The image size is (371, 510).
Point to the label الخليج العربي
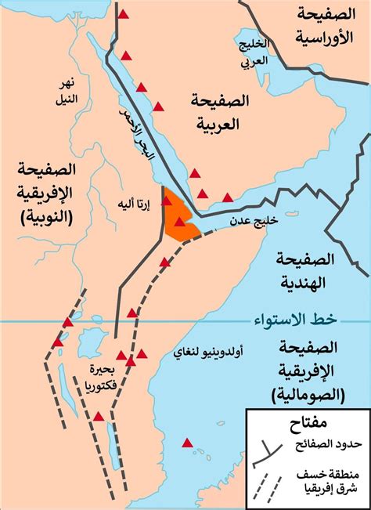pos(254,51)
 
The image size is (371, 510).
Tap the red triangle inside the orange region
pos(181,222)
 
